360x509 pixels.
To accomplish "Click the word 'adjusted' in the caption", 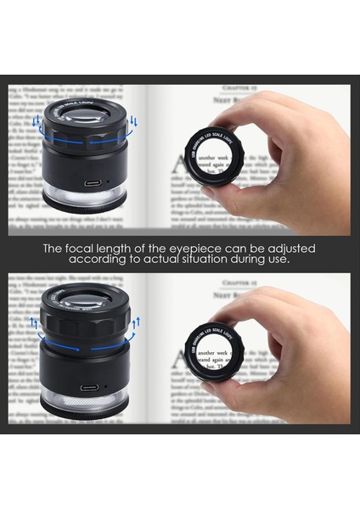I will tap(287, 249).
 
